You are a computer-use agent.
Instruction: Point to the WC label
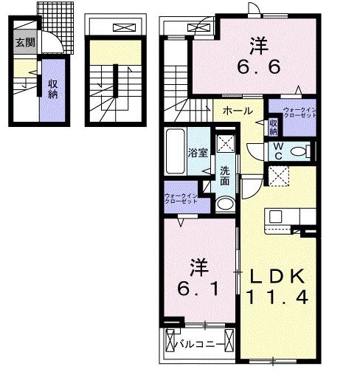point(278,151)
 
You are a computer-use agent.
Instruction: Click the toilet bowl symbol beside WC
point(300,151)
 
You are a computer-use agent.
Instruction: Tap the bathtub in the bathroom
point(176,151)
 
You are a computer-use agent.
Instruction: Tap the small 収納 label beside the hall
point(273,126)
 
